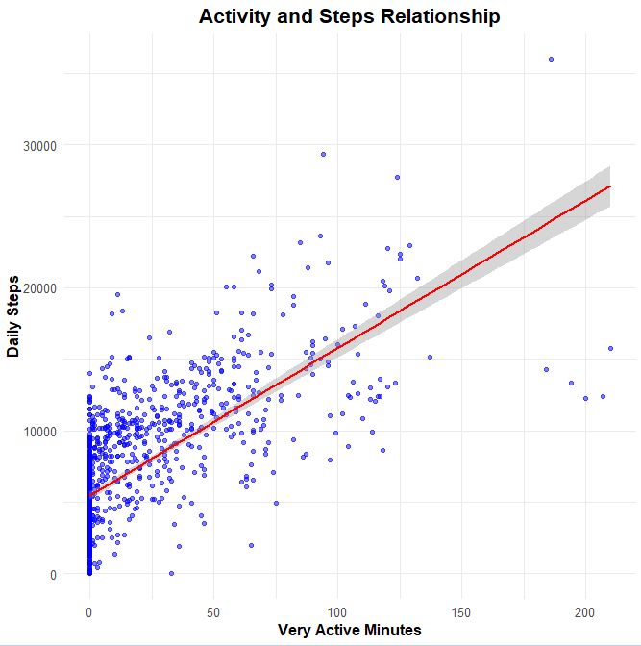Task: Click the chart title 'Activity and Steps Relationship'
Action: click(x=349, y=16)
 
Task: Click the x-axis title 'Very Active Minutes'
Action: click(x=349, y=631)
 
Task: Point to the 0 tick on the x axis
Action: click(x=89, y=611)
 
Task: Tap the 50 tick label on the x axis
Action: click(x=213, y=611)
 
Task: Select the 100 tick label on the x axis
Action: click(x=337, y=611)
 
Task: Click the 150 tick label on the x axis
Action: click(x=461, y=611)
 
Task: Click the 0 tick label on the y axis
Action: click(x=53, y=575)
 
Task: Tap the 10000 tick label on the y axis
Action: click(x=40, y=432)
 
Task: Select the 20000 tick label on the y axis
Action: click(x=40, y=288)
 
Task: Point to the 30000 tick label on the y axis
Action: click(x=40, y=145)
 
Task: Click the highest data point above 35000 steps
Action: click(x=551, y=60)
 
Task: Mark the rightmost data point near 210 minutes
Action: click(x=610, y=348)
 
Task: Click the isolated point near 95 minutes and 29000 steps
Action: click(x=324, y=154)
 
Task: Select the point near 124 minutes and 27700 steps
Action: click(x=397, y=177)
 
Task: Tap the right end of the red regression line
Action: click(x=610, y=186)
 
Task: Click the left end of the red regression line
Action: click(x=89, y=495)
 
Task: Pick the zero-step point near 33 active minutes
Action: click(x=172, y=574)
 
